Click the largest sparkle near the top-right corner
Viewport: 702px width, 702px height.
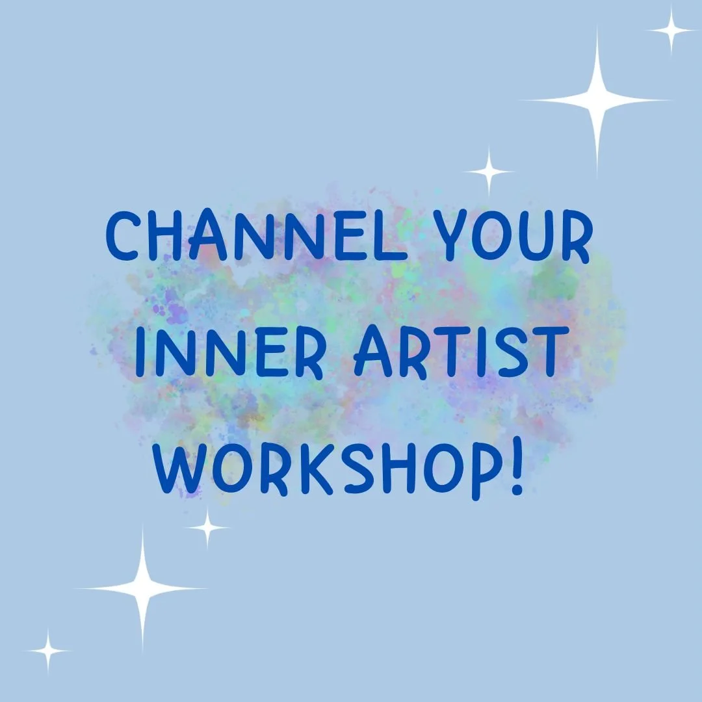596,100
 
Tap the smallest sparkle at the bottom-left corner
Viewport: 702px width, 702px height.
47,650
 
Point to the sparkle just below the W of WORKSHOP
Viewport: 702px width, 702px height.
207,528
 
